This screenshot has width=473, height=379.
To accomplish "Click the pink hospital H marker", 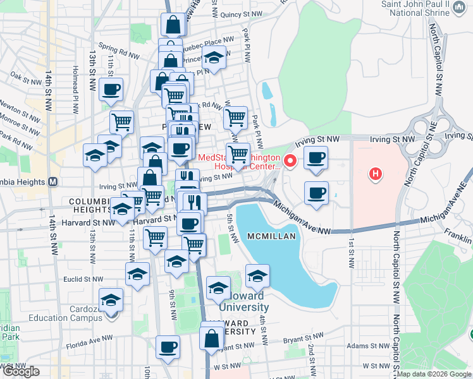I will click(376, 173).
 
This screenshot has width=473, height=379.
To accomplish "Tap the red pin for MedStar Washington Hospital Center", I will click(291, 160).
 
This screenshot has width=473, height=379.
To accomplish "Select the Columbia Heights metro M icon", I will click(53, 182).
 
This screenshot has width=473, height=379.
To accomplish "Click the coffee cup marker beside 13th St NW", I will click(111, 90).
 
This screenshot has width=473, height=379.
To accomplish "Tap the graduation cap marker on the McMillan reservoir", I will click(257, 276).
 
